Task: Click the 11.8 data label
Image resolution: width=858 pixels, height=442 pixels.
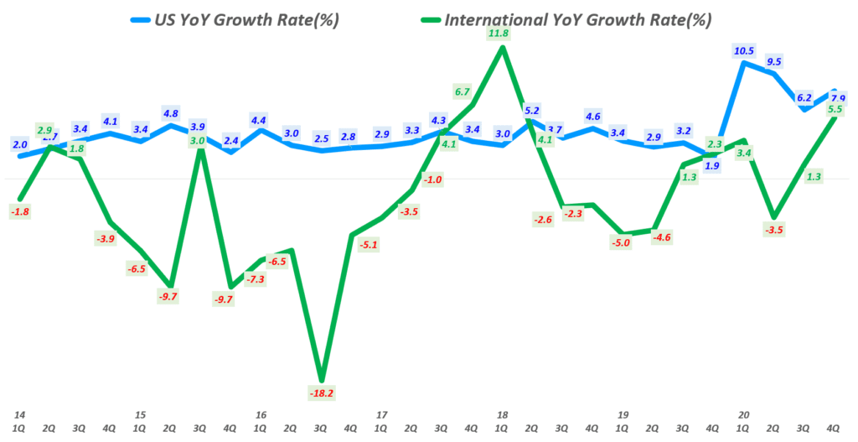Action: (x=501, y=33)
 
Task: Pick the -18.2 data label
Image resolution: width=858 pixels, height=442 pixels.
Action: (x=322, y=393)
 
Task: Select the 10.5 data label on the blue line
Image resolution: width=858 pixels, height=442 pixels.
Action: (x=743, y=50)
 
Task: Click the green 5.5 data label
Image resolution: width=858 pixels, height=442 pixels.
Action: (x=834, y=109)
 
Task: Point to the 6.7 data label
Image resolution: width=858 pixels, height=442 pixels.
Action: (x=462, y=91)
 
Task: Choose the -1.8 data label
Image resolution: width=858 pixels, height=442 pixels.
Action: (x=20, y=212)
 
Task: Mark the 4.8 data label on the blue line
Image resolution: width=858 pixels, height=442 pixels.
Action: (x=171, y=113)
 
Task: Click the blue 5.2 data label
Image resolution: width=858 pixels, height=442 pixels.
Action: (x=532, y=110)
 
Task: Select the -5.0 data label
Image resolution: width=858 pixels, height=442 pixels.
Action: (x=622, y=243)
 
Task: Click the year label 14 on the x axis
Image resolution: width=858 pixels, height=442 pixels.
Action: (x=18, y=414)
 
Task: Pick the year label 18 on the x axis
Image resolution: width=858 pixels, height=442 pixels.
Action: (x=501, y=414)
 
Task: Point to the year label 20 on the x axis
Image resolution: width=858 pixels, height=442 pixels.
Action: (x=742, y=414)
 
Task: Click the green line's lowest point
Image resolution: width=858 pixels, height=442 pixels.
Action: (x=322, y=379)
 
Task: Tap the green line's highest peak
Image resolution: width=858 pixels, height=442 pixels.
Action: (x=502, y=47)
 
